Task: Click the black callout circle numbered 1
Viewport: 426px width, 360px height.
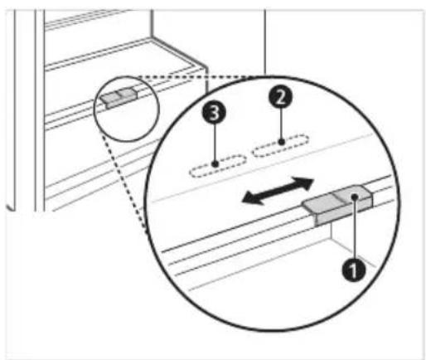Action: pyautogui.click(x=354, y=270)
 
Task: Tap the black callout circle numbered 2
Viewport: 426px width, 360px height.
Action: pyautogui.click(x=280, y=97)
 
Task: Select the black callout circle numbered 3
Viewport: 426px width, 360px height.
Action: pyautogui.click(x=215, y=113)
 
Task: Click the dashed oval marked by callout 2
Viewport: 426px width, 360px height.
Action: pyautogui.click(x=280, y=145)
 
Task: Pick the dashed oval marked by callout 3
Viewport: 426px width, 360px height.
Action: pyautogui.click(x=218, y=166)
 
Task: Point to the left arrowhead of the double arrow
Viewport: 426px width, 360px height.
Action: pyautogui.click(x=251, y=198)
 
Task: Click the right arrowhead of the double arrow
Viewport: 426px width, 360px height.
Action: pyautogui.click(x=303, y=183)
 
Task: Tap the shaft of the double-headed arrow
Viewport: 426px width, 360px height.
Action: pyautogui.click(x=278, y=191)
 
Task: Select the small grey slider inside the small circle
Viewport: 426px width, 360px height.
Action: pyautogui.click(x=119, y=98)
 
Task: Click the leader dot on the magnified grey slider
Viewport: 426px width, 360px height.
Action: pyautogui.click(x=355, y=197)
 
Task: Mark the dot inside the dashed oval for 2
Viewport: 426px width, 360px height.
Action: pyautogui.click(x=281, y=142)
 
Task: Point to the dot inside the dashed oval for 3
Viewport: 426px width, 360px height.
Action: pyautogui.click(x=215, y=164)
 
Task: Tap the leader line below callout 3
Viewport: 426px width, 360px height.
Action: pyautogui.click(x=215, y=143)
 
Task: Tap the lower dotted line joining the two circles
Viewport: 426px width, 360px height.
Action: pyautogui.click(x=124, y=181)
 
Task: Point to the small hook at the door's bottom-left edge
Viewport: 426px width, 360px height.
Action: pyautogui.click(x=11, y=207)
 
